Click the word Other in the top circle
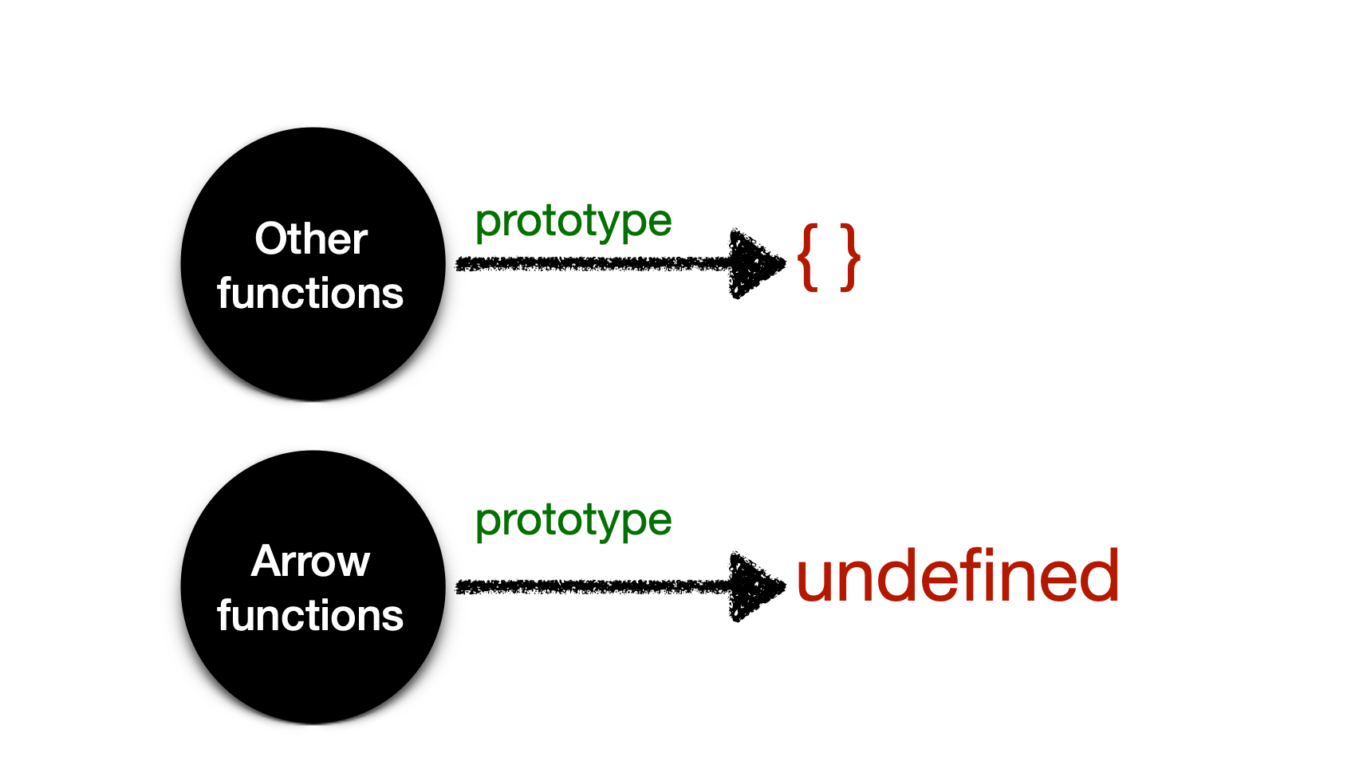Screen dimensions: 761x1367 tap(310, 239)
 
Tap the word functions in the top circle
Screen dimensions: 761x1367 tap(310, 293)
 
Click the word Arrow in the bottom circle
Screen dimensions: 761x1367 tap(310, 561)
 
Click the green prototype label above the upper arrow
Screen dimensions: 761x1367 tap(573, 222)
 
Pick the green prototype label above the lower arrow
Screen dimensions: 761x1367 tap(573, 521)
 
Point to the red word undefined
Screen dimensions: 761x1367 tap(957, 576)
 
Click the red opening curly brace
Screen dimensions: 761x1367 tap(809, 257)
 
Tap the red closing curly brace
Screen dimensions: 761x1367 tap(850, 257)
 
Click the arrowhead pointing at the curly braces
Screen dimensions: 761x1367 tap(754, 264)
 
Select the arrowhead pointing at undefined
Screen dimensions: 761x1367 tap(754, 587)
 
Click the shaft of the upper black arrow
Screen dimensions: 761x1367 tap(590, 263)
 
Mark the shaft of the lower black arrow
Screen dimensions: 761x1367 tap(590, 587)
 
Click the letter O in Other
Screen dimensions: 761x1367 tap(270, 239)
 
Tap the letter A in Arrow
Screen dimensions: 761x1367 tap(266, 561)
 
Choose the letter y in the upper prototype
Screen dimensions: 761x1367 tap(614, 225)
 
